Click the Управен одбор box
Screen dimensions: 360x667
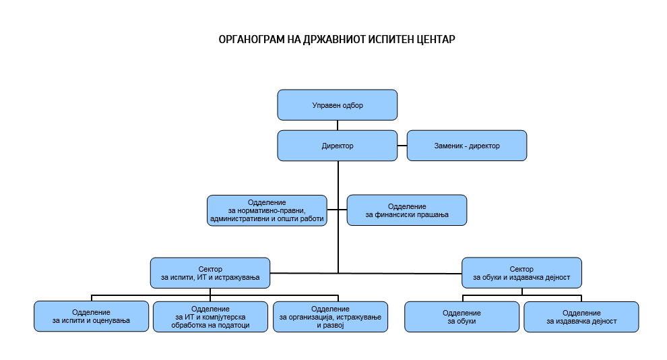tap(337, 105)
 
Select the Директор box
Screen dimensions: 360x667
tap(337, 146)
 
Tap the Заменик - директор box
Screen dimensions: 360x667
tap(467, 146)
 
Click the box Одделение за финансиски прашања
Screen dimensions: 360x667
tap(406, 210)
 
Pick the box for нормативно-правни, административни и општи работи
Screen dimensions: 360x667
tap(267, 210)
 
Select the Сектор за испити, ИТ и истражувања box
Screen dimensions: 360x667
tap(210, 273)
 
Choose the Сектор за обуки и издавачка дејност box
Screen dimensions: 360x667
tap(521, 273)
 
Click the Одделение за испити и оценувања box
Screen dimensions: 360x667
tap(91, 317)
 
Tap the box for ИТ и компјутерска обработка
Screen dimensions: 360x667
tap(211, 317)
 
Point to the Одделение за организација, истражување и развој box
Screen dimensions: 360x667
tap(330, 317)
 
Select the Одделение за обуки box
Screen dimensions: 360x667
tap(462, 317)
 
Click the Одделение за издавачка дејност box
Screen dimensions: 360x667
tap(581, 317)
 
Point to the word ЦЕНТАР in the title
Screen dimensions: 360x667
tap(434, 39)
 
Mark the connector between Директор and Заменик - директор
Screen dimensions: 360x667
tap(402, 146)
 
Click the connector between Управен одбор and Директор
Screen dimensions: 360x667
tap(338, 125)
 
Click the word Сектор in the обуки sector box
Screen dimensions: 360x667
tap(521, 269)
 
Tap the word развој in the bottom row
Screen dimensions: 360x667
tap(330, 325)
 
